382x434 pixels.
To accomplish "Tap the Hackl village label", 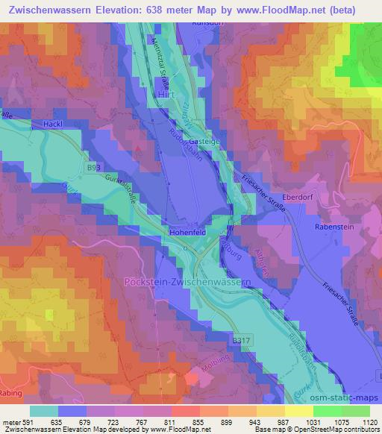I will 53,123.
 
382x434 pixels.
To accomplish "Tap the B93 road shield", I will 93,169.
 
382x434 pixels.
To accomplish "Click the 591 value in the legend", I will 28,421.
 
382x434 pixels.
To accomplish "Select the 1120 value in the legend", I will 370,421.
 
